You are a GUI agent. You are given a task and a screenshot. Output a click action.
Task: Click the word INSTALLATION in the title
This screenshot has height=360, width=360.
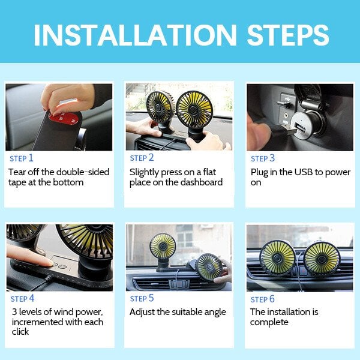click(135, 35)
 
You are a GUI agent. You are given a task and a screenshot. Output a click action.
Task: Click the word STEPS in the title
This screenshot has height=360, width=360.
click(288, 35)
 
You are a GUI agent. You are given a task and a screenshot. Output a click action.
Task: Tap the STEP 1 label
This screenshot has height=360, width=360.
click(22, 158)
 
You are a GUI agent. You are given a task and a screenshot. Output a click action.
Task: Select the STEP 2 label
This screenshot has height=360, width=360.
click(142, 158)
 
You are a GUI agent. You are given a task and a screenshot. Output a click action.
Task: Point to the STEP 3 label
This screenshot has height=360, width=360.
click(263, 158)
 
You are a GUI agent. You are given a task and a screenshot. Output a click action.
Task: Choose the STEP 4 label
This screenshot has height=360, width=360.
click(23, 299)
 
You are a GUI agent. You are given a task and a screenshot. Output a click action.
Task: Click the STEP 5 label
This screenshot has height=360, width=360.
click(142, 298)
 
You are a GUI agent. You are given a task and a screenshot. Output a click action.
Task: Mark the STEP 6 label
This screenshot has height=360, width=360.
click(263, 299)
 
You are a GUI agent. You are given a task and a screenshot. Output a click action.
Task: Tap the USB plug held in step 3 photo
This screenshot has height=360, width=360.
click(283, 131)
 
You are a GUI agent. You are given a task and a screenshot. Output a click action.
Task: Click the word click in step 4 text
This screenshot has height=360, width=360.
click(20, 332)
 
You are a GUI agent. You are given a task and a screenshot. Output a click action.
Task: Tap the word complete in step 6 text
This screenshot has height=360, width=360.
click(269, 323)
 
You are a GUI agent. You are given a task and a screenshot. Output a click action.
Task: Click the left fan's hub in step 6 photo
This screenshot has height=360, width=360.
click(277, 258)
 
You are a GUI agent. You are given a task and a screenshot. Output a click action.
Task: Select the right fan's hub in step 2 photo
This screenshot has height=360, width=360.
click(194, 110)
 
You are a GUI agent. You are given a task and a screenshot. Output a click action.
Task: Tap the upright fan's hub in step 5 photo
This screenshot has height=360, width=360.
click(163, 247)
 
